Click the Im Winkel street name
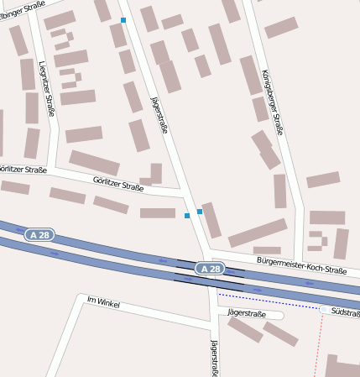pos(105,301)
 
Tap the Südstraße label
pos(345,311)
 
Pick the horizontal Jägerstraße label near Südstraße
pos(247,314)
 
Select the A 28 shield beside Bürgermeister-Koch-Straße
pos(211,269)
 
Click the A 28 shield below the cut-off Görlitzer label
pos(39,234)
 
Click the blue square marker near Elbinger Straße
pos(123,20)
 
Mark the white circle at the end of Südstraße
pos(323,310)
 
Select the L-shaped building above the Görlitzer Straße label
pos(152,175)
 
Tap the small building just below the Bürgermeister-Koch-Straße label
pos(267,250)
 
